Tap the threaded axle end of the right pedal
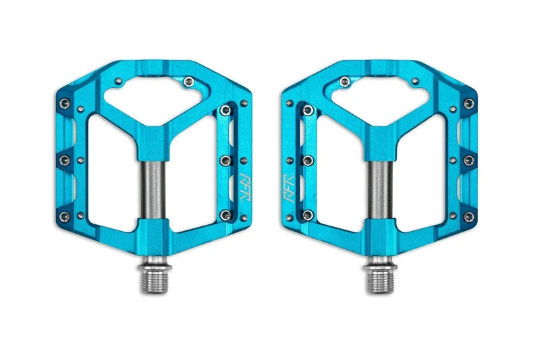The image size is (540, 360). tap(381, 278)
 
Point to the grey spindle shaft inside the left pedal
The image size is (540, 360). tap(153, 190)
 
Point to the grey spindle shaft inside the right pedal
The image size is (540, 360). tap(380, 190)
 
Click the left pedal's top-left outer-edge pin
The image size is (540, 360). tap(65, 103)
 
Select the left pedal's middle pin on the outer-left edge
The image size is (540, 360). tap(64, 159)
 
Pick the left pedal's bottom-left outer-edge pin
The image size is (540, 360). tap(64, 216)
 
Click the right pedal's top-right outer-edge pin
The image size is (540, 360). tap(469, 103)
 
